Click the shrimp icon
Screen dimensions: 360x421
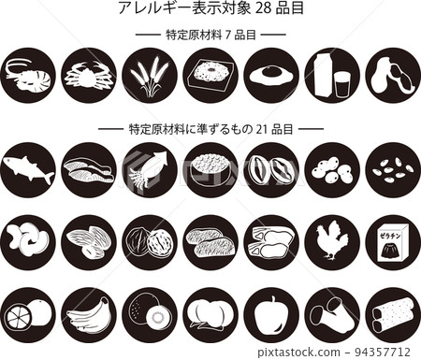28,75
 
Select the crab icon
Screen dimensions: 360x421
89,75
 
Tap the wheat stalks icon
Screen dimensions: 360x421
150,75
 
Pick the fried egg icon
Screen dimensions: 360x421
271,75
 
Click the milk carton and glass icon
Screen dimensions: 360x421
332,75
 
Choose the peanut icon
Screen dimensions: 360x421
392,75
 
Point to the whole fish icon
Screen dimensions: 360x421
28,169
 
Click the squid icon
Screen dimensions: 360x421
150,169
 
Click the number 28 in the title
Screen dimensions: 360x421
258,9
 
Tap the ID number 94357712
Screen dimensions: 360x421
386,352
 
